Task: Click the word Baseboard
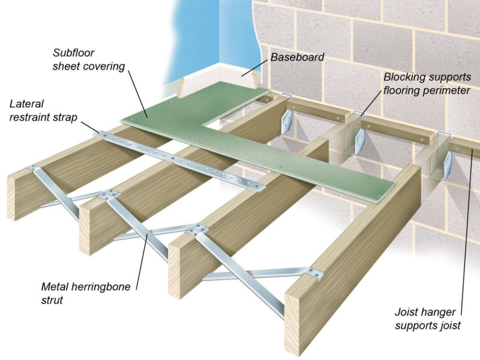(x=297, y=58)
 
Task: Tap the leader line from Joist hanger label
(x=467, y=240)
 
